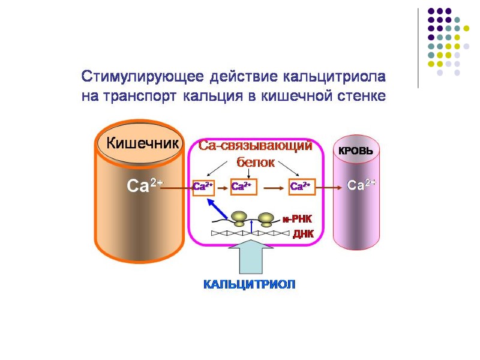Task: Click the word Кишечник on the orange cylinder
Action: pyautogui.click(x=143, y=143)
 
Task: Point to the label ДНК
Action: pyautogui.click(x=303, y=234)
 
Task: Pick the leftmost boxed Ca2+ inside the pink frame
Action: pyautogui.click(x=203, y=187)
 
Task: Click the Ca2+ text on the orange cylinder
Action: pyautogui.click(x=144, y=186)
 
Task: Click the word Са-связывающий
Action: pyautogui.click(x=256, y=146)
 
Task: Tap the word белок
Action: pyautogui.click(x=256, y=162)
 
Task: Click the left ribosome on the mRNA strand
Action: pyautogui.click(x=239, y=218)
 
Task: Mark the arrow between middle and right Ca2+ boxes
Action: pyautogui.click(x=273, y=187)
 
